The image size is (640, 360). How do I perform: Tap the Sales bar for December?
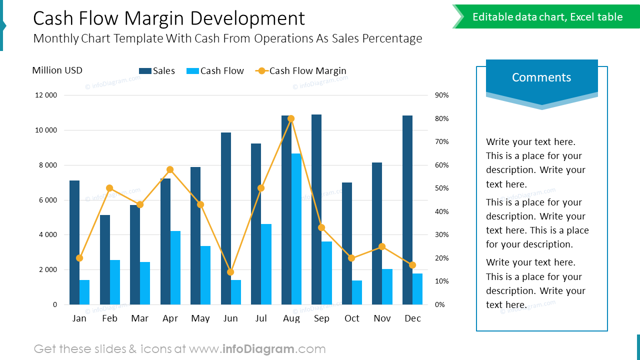[x=407, y=210]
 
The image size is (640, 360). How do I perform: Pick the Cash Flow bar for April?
[x=175, y=267]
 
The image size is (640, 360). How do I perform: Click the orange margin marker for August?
[x=291, y=118]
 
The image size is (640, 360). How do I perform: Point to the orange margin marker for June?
[x=230, y=272]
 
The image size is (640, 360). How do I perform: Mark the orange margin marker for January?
[x=79, y=258]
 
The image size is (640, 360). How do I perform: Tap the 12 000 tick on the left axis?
[x=46, y=95]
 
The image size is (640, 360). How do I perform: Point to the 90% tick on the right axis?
[x=442, y=95]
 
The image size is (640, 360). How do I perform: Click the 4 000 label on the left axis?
[x=46, y=234]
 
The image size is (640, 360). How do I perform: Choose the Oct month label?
[x=352, y=318]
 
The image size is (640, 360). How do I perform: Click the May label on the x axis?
[x=200, y=318]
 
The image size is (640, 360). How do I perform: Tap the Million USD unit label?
[x=57, y=70]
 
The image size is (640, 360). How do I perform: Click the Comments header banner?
[x=541, y=77]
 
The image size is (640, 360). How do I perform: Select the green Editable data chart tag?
[x=547, y=17]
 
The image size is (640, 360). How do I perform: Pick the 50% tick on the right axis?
[x=442, y=188]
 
